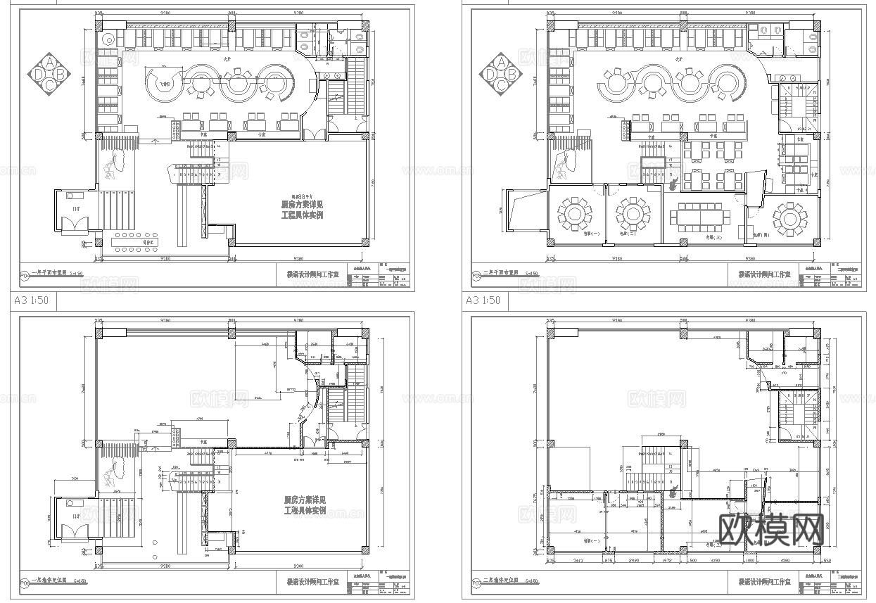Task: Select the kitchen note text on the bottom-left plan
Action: (x=305, y=504)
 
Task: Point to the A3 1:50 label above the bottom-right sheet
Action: (x=483, y=300)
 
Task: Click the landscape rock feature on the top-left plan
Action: (x=111, y=172)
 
